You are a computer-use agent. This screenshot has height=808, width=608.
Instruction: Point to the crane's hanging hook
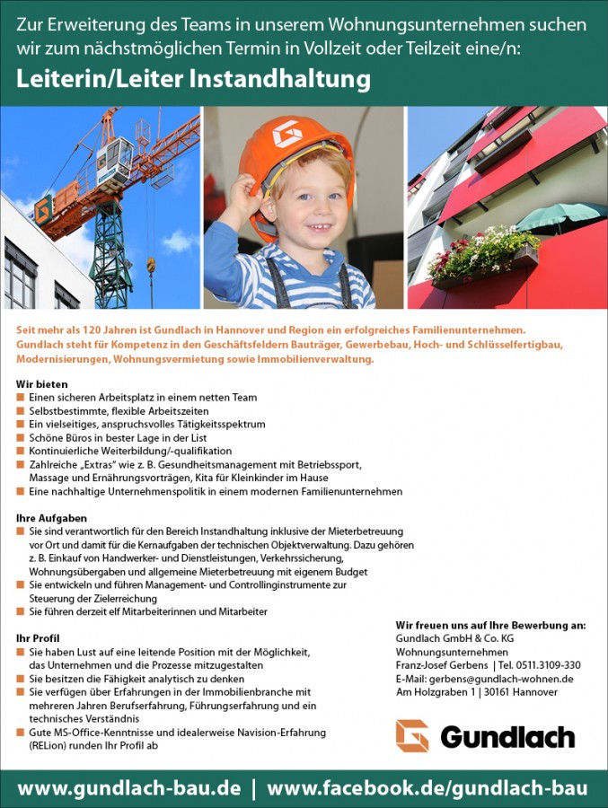click(x=151, y=266)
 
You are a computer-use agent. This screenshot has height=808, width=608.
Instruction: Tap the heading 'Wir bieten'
click(x=42, y=384)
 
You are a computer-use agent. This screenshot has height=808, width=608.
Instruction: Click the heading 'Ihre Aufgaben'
click(x=51, y=519)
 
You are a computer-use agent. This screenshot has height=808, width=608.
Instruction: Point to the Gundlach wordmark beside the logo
click(x=507, y=737)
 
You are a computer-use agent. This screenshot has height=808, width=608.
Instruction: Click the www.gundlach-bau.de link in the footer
click(x=129, y=788)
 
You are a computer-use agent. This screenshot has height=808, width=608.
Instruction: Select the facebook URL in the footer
click(x=427, y=788)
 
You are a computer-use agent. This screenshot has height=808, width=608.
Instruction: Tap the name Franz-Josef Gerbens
click(x=442, y=665)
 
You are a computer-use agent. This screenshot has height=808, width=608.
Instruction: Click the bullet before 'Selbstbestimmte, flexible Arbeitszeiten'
click(x=21, y=411)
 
